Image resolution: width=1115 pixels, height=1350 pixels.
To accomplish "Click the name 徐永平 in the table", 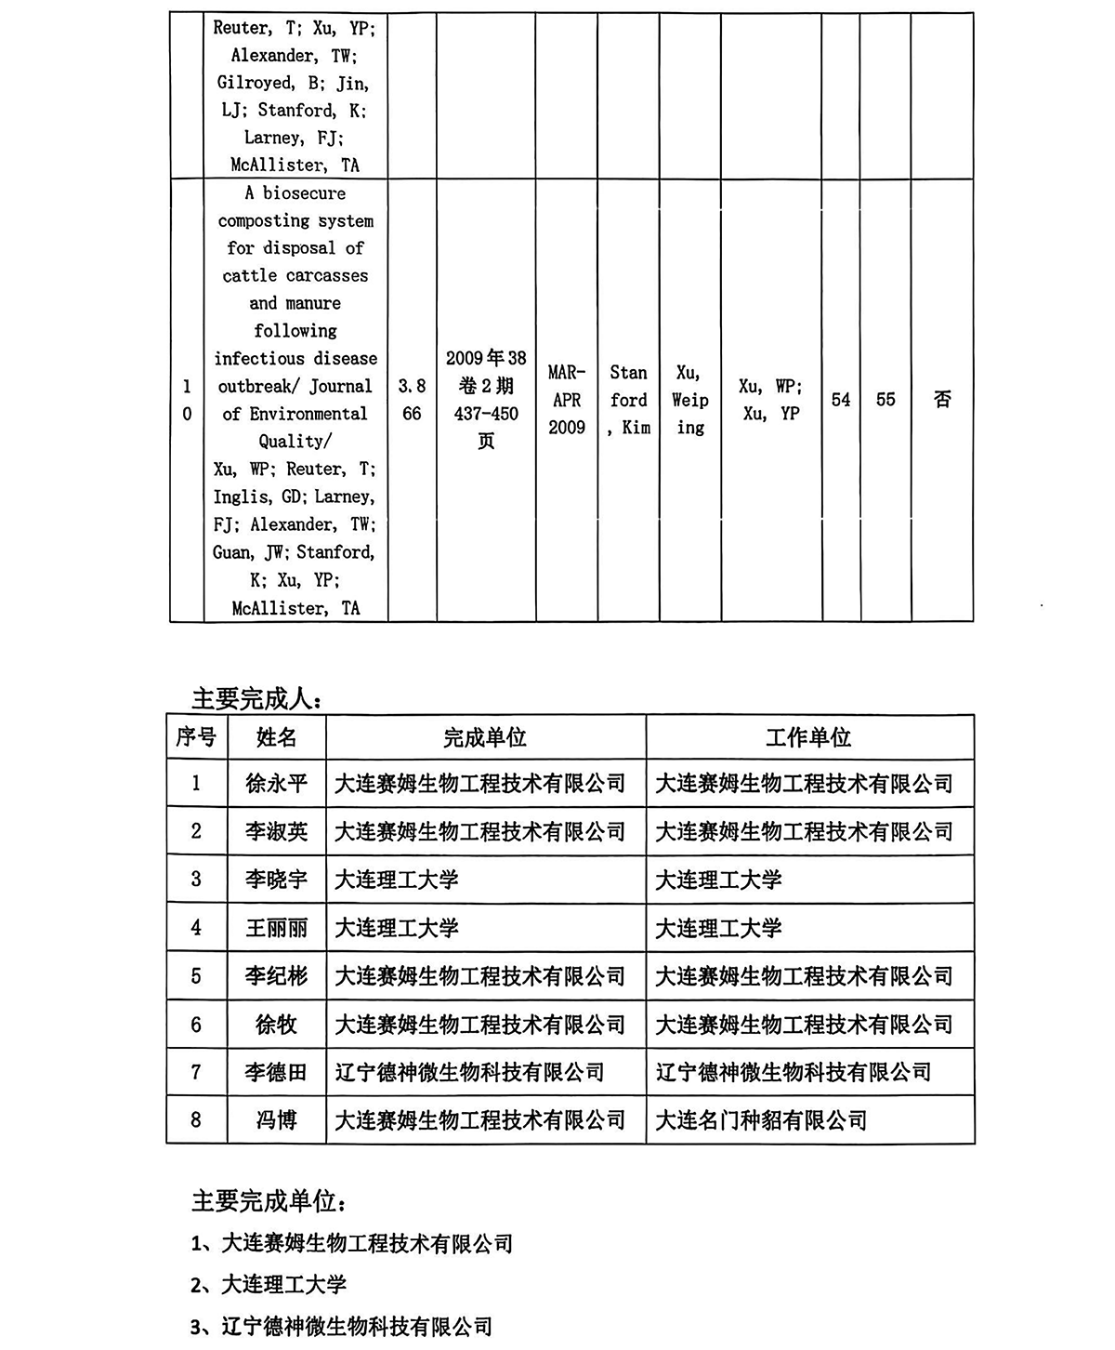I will [276, 784].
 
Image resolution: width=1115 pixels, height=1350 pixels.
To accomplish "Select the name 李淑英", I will [276, 831].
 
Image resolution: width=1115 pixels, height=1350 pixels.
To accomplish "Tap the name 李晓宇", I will [276, 880].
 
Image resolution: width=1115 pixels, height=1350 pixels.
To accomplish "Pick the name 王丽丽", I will [276, 928].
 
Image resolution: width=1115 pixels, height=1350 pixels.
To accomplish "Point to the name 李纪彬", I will [276, 976].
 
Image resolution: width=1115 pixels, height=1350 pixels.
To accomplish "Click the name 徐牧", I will [276, 1025].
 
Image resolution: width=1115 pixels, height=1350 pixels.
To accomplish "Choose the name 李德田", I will [276, 1072].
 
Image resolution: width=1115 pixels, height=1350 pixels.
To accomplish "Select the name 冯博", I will [276, 1120].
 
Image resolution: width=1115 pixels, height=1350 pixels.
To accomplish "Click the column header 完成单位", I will [485, 738].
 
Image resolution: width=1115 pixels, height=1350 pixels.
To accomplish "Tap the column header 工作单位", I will [808, 738].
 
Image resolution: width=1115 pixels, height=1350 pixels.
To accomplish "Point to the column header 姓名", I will [276, 738].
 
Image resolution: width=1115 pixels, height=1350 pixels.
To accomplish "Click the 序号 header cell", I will [196, 738].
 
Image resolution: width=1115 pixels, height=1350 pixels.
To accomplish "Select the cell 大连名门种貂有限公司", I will [761, 1120].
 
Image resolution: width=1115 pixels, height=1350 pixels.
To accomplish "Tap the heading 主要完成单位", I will [269, 1201].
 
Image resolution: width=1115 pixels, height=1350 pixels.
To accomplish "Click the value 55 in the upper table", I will [885, 400].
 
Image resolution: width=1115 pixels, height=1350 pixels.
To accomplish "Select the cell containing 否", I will [942, 400].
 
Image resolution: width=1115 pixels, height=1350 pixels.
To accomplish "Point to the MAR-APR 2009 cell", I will [567, 400].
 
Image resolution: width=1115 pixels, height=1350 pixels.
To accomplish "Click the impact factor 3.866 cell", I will [412, 400].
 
